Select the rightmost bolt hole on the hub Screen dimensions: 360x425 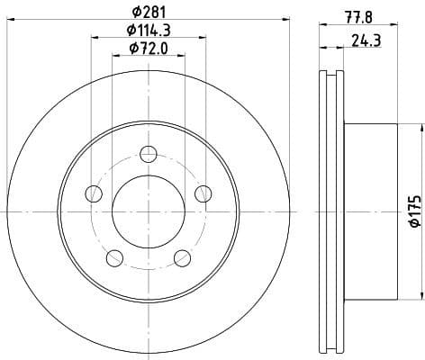[x=203, y=193]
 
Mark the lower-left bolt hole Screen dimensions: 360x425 [x=114, y=257]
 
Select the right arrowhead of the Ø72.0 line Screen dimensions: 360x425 [x=182, y=55]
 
